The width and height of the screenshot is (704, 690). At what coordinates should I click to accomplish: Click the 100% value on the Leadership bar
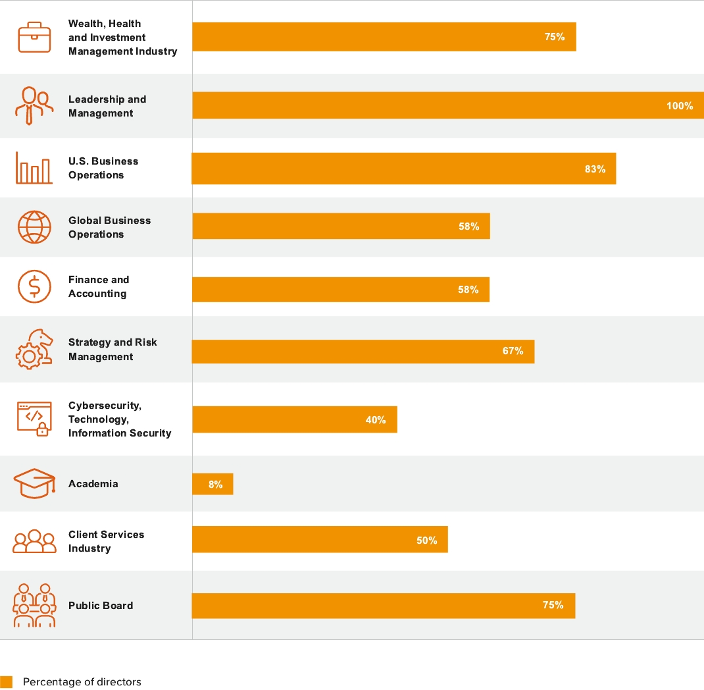(680, 106)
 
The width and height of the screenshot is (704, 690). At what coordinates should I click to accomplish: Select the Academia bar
(213, 484)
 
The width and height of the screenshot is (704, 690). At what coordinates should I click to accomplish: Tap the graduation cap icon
(34, 484)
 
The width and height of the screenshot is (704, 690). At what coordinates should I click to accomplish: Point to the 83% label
(595, 169)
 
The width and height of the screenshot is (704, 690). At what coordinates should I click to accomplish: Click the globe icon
(34, 227)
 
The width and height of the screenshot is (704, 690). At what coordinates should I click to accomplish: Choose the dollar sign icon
(34, 286)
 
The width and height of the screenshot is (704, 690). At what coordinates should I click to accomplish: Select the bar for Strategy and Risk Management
(363, 351)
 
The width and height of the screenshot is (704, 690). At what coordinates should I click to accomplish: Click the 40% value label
(376, 420)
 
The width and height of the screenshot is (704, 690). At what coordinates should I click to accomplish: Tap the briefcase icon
(34, 37)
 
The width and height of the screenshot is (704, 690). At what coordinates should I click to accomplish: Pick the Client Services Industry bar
(320, 540)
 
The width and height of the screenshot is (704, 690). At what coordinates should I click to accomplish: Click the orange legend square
(7, 682)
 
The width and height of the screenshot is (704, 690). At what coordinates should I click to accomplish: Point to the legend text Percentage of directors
(82, 682)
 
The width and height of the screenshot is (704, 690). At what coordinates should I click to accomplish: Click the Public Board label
(101, 606)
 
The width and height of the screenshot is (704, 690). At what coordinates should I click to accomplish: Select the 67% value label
(513, 351)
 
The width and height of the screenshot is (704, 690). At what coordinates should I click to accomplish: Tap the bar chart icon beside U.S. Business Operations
(34, 169)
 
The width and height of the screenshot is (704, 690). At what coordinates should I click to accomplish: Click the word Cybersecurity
(105, 406)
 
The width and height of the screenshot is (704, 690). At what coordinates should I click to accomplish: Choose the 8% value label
(215, 485)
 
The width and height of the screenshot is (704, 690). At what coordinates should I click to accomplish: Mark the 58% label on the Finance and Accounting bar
(468, 290)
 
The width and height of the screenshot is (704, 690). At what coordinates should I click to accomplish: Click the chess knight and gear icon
(34, 350)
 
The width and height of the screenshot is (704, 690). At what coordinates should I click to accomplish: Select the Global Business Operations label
(109, 227)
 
